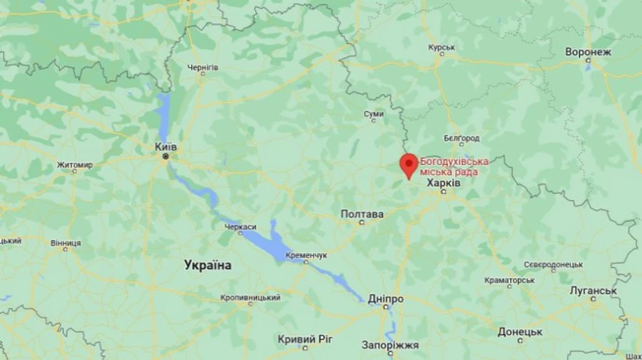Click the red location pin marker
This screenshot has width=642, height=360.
[x=408, y=164]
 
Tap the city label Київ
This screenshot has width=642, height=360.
[x=165, y=147]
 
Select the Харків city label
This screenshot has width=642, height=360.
[x=443, y=183]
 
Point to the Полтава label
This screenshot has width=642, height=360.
[x=362, y=214]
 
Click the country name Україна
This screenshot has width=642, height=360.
[x=208, y=265]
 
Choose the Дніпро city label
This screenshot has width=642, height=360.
[x=386, y=299]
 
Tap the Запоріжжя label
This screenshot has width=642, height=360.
[x=390, y=346]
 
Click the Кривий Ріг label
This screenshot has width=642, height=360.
[x=307, y=339]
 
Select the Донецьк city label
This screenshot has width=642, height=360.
[x=520, y=331]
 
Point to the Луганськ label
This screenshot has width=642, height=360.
[x=593, y=291]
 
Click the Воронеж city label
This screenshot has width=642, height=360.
[x=588, y=52]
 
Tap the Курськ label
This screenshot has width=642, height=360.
[x=442, y=48]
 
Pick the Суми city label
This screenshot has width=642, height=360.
[x=374, y=114]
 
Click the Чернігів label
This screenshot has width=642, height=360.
[x=203, y=68]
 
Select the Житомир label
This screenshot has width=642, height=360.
[x=75, y=165]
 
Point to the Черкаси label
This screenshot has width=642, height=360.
[x=240, y=227]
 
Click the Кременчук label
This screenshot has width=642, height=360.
[x=306, y=255]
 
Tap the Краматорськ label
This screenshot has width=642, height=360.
[x=509, y=280]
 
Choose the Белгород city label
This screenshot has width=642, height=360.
[x=462, y=138]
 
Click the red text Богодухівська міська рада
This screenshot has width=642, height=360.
[x=454, y=166]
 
